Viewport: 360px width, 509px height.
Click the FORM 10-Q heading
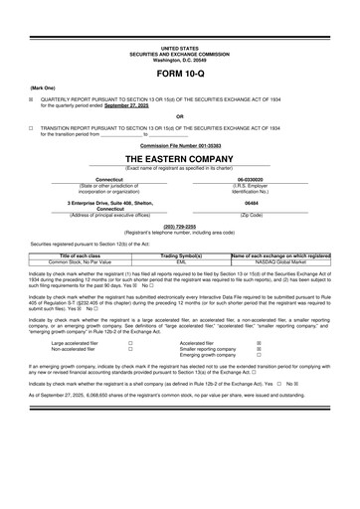click(x=180, y=75)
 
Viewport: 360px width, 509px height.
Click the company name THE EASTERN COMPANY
click(x=180, y=158)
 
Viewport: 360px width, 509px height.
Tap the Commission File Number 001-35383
click(x=180, y=145)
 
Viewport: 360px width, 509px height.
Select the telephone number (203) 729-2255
click(x=180, y=225)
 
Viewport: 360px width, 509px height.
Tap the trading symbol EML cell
click(x=181, y=261)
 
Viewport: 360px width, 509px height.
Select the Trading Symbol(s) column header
click(x=181, y=255)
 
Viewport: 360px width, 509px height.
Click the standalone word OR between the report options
click(x=180, y=117)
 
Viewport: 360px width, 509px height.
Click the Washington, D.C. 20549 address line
click(x=180, y=59)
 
